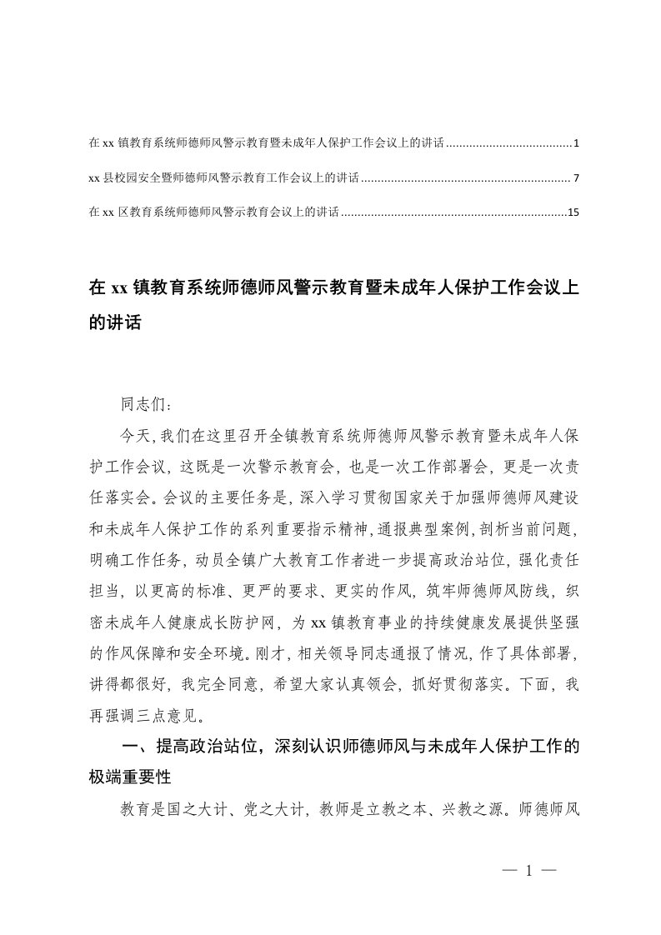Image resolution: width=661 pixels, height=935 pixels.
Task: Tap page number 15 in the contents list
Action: (573, 213)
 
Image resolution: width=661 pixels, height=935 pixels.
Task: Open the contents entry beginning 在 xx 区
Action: (213, 213)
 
